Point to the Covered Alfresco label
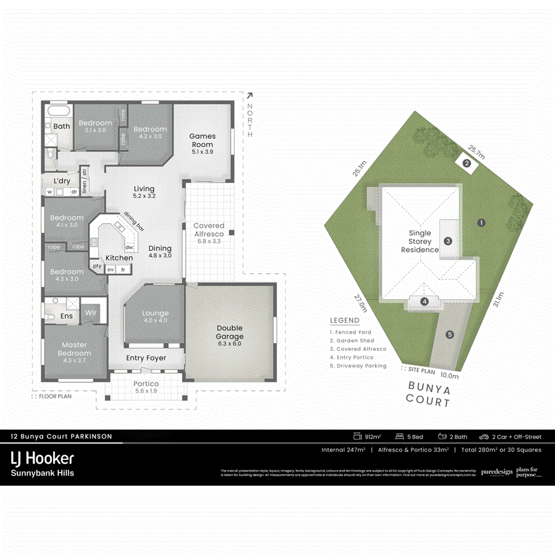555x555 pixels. point(208,230)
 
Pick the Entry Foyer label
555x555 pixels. point(146,358)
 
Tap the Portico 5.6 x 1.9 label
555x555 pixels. point(146,387)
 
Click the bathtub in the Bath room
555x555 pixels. point(57,112)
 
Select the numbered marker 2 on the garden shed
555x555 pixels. point(467,163)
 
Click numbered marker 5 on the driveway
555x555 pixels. point(450,334)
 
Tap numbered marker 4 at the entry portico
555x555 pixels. point(424,302)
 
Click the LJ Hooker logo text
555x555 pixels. point(43,458)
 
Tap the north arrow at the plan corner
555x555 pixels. point(249,96)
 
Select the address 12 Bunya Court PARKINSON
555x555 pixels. point(62,436)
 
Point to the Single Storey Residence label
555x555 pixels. point(419,242)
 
